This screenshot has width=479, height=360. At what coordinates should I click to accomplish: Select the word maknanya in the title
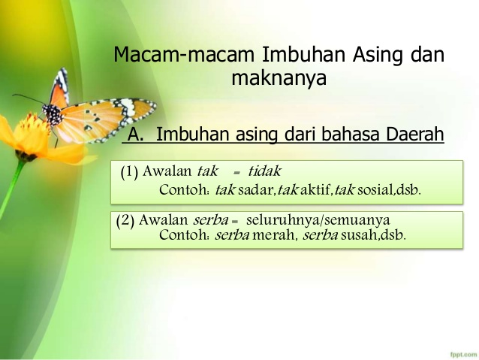click(x=279, y=77)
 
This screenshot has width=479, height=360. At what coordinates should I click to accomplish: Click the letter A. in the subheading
click(x=135, y=135)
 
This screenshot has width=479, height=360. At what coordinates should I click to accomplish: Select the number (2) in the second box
click(x=126, y=221)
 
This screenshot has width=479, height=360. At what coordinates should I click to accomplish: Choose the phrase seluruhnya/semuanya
click(x=318, y=221)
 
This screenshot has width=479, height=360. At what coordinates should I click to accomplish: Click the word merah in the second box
click(x=275, y=234)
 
